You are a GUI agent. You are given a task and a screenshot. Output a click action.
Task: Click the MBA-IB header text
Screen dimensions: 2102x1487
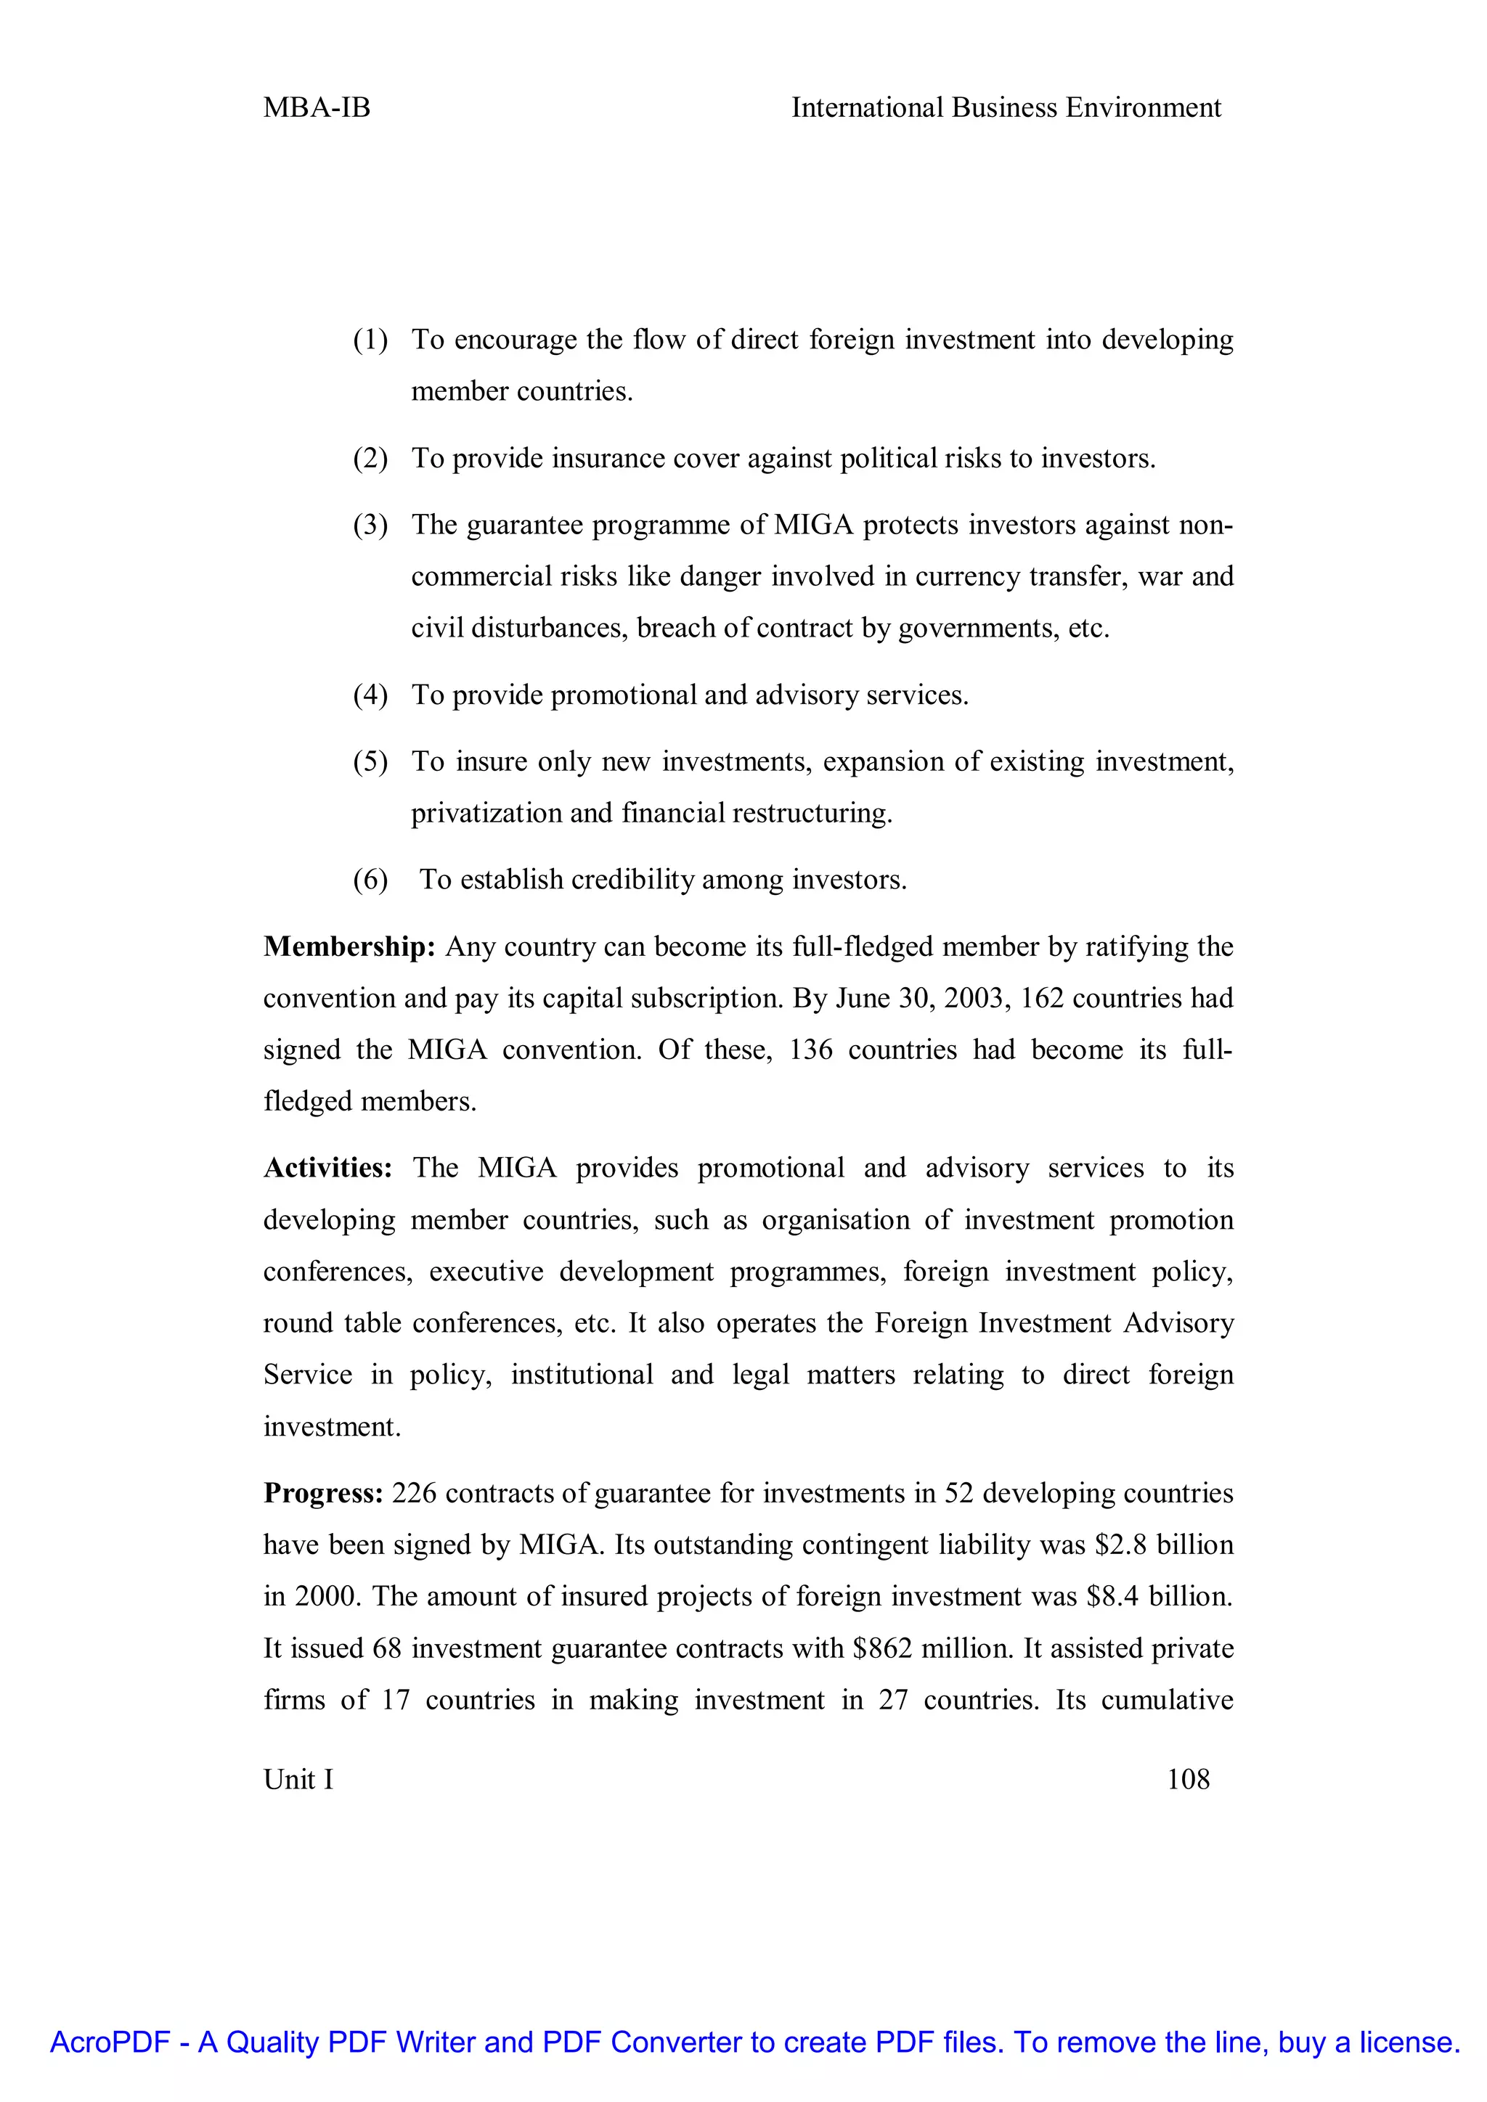317,108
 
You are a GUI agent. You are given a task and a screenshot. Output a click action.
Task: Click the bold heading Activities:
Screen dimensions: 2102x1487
327,1168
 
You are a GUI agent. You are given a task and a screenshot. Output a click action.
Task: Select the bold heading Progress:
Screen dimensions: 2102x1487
323,1493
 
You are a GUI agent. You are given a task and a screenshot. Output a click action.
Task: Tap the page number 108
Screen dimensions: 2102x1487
1188,1779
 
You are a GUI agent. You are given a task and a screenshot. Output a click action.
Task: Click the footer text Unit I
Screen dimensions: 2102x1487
298,1779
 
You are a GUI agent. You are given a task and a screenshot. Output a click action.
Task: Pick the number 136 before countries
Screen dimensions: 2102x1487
810,1050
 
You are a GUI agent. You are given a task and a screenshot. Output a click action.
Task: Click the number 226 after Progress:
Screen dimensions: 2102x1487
415,1493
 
